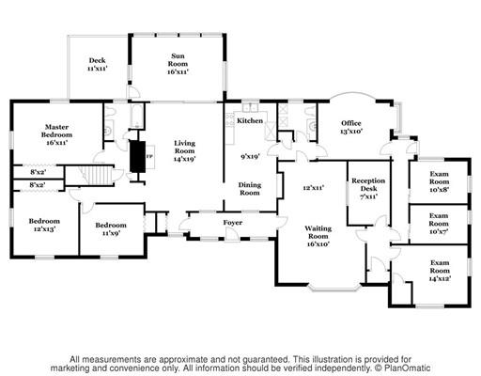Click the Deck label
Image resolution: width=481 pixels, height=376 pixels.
coord(98,64)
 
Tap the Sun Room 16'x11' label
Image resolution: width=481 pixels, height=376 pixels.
coord(178,64)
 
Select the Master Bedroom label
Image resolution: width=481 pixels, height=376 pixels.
coord(56,134)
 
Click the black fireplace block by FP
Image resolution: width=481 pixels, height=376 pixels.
coord(137,156)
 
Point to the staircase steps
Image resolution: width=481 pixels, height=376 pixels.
coord(97,175)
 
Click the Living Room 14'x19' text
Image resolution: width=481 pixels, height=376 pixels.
coord(185,151)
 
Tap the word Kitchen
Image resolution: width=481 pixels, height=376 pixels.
coord(250,120)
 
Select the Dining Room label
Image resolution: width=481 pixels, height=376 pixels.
coord(250,189)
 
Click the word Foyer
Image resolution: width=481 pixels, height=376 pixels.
coord(233,223)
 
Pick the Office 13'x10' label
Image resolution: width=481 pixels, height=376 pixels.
coord(351,127)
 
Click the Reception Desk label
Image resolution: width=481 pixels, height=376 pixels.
coord(368,189)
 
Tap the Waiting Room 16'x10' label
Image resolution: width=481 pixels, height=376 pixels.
coord(318,236)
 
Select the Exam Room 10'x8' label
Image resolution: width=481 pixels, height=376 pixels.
coord(439,181)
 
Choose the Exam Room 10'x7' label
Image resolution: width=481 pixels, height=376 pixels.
coord(439,224)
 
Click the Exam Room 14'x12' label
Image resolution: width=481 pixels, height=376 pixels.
coord(440,271)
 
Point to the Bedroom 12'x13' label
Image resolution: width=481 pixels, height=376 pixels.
coord(44,225)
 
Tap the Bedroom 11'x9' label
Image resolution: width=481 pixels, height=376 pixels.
coord(111,228)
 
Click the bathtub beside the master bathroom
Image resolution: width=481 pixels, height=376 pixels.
coord(137,116)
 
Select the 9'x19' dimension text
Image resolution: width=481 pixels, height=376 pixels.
coord(250,156)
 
